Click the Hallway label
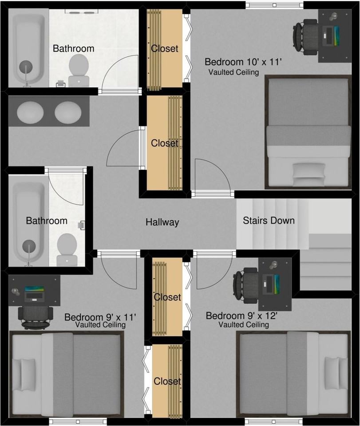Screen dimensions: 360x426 (162, 222)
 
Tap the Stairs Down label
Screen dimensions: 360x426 (269, 221)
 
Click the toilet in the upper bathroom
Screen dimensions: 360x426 (79, 70)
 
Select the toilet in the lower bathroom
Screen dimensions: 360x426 (67, 249)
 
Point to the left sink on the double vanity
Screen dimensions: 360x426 (30, 112)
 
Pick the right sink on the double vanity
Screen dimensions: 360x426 (68, 112)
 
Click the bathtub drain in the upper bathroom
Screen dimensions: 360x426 (26, 67)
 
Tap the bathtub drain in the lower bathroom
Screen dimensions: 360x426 (29, 246)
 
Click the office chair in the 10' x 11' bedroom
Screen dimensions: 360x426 (305, 37)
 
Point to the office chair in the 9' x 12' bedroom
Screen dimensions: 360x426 (245, 285)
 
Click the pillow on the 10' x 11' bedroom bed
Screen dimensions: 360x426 (309, 170)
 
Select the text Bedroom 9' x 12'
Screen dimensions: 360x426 (241, 316)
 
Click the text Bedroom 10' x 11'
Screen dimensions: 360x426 (243, 62)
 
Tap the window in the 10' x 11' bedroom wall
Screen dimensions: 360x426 (274, 5)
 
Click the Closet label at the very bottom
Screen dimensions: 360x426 (167, 381)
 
